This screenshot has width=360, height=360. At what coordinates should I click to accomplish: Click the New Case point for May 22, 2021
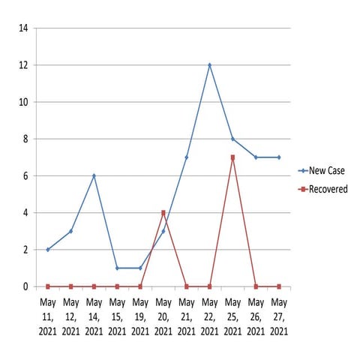pos(209,65)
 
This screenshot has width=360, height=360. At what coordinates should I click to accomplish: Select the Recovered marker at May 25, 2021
pos(232,157)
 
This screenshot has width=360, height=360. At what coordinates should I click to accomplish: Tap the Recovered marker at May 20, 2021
pos(163,213)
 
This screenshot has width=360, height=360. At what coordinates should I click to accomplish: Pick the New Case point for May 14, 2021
pos(94,175)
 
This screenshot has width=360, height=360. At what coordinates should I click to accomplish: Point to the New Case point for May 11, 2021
pos(48,250)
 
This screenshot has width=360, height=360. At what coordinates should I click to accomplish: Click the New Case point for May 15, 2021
pos(117,268)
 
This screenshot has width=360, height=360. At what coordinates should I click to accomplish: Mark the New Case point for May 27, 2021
pos(279,157)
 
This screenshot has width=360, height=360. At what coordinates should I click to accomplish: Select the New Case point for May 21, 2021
pos(187,157)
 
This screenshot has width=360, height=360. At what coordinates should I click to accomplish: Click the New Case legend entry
pos(322,171)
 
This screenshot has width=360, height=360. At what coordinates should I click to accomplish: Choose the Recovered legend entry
pos(322,189)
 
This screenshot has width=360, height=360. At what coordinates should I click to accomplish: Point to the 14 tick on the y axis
pos(23,28)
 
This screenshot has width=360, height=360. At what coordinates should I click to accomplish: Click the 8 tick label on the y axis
pos(25,139)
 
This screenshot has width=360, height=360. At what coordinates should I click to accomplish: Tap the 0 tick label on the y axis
pos(25,286)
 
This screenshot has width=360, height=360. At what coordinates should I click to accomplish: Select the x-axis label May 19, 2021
pos(140,317)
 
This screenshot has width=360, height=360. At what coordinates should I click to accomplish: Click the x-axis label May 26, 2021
pos(256,317)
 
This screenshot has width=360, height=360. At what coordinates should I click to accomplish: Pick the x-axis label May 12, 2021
pos(70,317)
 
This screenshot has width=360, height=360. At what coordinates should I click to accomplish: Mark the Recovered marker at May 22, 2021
pos(209,286)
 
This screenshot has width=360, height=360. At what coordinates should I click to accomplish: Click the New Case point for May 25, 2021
pos(232,139)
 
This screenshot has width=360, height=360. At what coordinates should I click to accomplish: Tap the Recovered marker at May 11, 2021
pos(48,286)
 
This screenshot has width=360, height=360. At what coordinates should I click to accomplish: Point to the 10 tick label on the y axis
pos(23,102)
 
